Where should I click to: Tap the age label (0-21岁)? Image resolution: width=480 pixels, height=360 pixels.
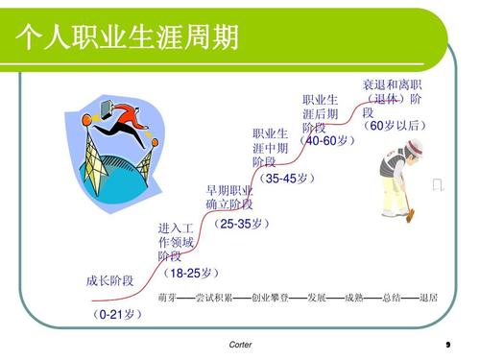click(x=119, y=314)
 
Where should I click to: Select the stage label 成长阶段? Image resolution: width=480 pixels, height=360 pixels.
click(x=109, y=280)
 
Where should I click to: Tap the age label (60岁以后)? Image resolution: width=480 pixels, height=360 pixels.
click(x=394, y=126)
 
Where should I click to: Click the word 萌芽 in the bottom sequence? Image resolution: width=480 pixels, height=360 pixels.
click(x=168, y=298)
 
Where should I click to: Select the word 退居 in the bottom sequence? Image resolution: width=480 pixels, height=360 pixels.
click(x=428, y=298)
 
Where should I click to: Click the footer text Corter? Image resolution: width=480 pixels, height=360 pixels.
click(x=241, y=344)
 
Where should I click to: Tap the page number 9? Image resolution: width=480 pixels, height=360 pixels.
click(x=448, y=344)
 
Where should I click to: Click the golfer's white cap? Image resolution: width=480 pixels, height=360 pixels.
click(x=413, y=145)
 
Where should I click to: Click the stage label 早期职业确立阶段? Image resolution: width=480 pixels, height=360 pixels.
click(x=229, y=197)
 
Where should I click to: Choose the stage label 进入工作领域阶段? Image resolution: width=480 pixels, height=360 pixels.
click(x=176, y=242)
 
